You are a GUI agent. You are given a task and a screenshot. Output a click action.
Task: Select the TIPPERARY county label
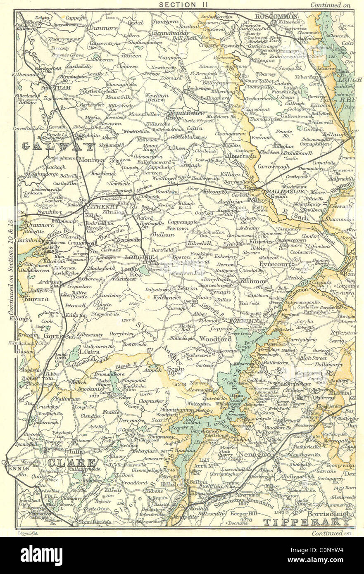307,522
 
